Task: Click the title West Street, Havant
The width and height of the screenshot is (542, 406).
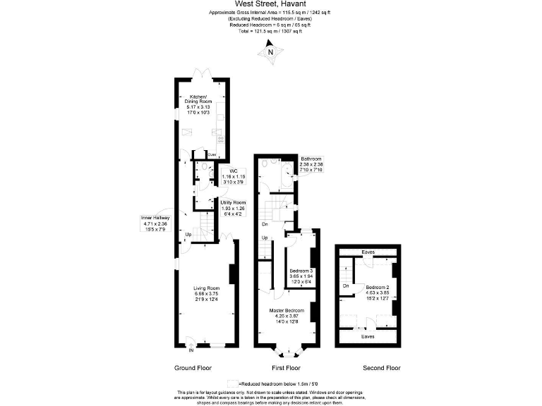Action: pos(271,4)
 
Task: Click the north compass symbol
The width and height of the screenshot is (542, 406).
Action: pos(270,51)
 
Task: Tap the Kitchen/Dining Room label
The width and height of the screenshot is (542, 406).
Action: pos(200,101)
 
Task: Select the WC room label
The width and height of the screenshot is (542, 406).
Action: pos(234,170)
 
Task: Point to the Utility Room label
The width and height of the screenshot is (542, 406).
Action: pos(233,202)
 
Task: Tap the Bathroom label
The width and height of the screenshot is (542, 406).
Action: pos(311,159)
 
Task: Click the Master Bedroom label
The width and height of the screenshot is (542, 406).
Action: pos(287,311)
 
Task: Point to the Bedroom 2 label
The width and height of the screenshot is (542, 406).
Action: pos(378,288)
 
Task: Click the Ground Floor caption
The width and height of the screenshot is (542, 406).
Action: pos(193,368)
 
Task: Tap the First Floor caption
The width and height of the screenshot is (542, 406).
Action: pos(286,368)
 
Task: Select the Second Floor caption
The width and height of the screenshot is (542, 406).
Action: pos(382,368)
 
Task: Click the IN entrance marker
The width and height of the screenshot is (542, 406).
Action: pos(191,350)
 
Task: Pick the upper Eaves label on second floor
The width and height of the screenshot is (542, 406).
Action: pos(368,252)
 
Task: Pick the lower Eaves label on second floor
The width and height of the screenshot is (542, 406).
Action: pos(368,336)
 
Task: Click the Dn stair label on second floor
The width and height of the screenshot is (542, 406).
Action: pos(347,286)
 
